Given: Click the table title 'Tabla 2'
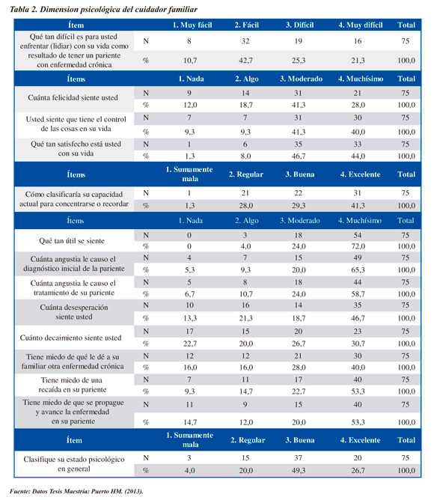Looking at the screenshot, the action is [x=24, y=9].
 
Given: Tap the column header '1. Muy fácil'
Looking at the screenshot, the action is [x=192, y=25].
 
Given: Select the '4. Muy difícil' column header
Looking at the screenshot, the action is [x=361, y=25].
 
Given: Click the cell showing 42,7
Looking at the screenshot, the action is [x=245, y=61].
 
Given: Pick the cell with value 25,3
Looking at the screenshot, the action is [x=299, y=61].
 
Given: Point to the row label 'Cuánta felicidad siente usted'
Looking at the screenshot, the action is [x=73, y=97].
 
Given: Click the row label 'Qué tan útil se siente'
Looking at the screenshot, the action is [x=72, y=241].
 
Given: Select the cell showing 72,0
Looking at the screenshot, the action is [x=358, y=246].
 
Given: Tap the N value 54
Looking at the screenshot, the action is [x=358, y=235].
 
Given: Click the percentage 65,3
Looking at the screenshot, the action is [x=358, y=269].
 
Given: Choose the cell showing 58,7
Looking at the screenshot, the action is [x=358, y=293].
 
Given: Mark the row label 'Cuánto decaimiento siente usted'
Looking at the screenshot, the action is [x=70, y=338].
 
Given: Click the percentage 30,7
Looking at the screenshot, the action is [x=358, y=344].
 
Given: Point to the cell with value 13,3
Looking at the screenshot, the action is [x=190, y=318].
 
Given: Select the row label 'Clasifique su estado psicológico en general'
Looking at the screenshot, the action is [x=74, y=464].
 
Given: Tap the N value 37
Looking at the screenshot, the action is [x=298, y=457].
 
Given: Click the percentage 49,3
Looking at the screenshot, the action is [x=299, y=470].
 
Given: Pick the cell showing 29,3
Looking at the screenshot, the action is [x=299, y=206].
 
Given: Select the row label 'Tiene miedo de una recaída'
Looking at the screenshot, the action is [x=72, y=385].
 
